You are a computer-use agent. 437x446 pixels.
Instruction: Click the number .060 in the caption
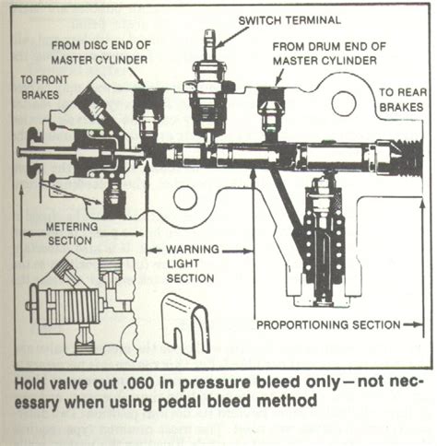tap(136, 381)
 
